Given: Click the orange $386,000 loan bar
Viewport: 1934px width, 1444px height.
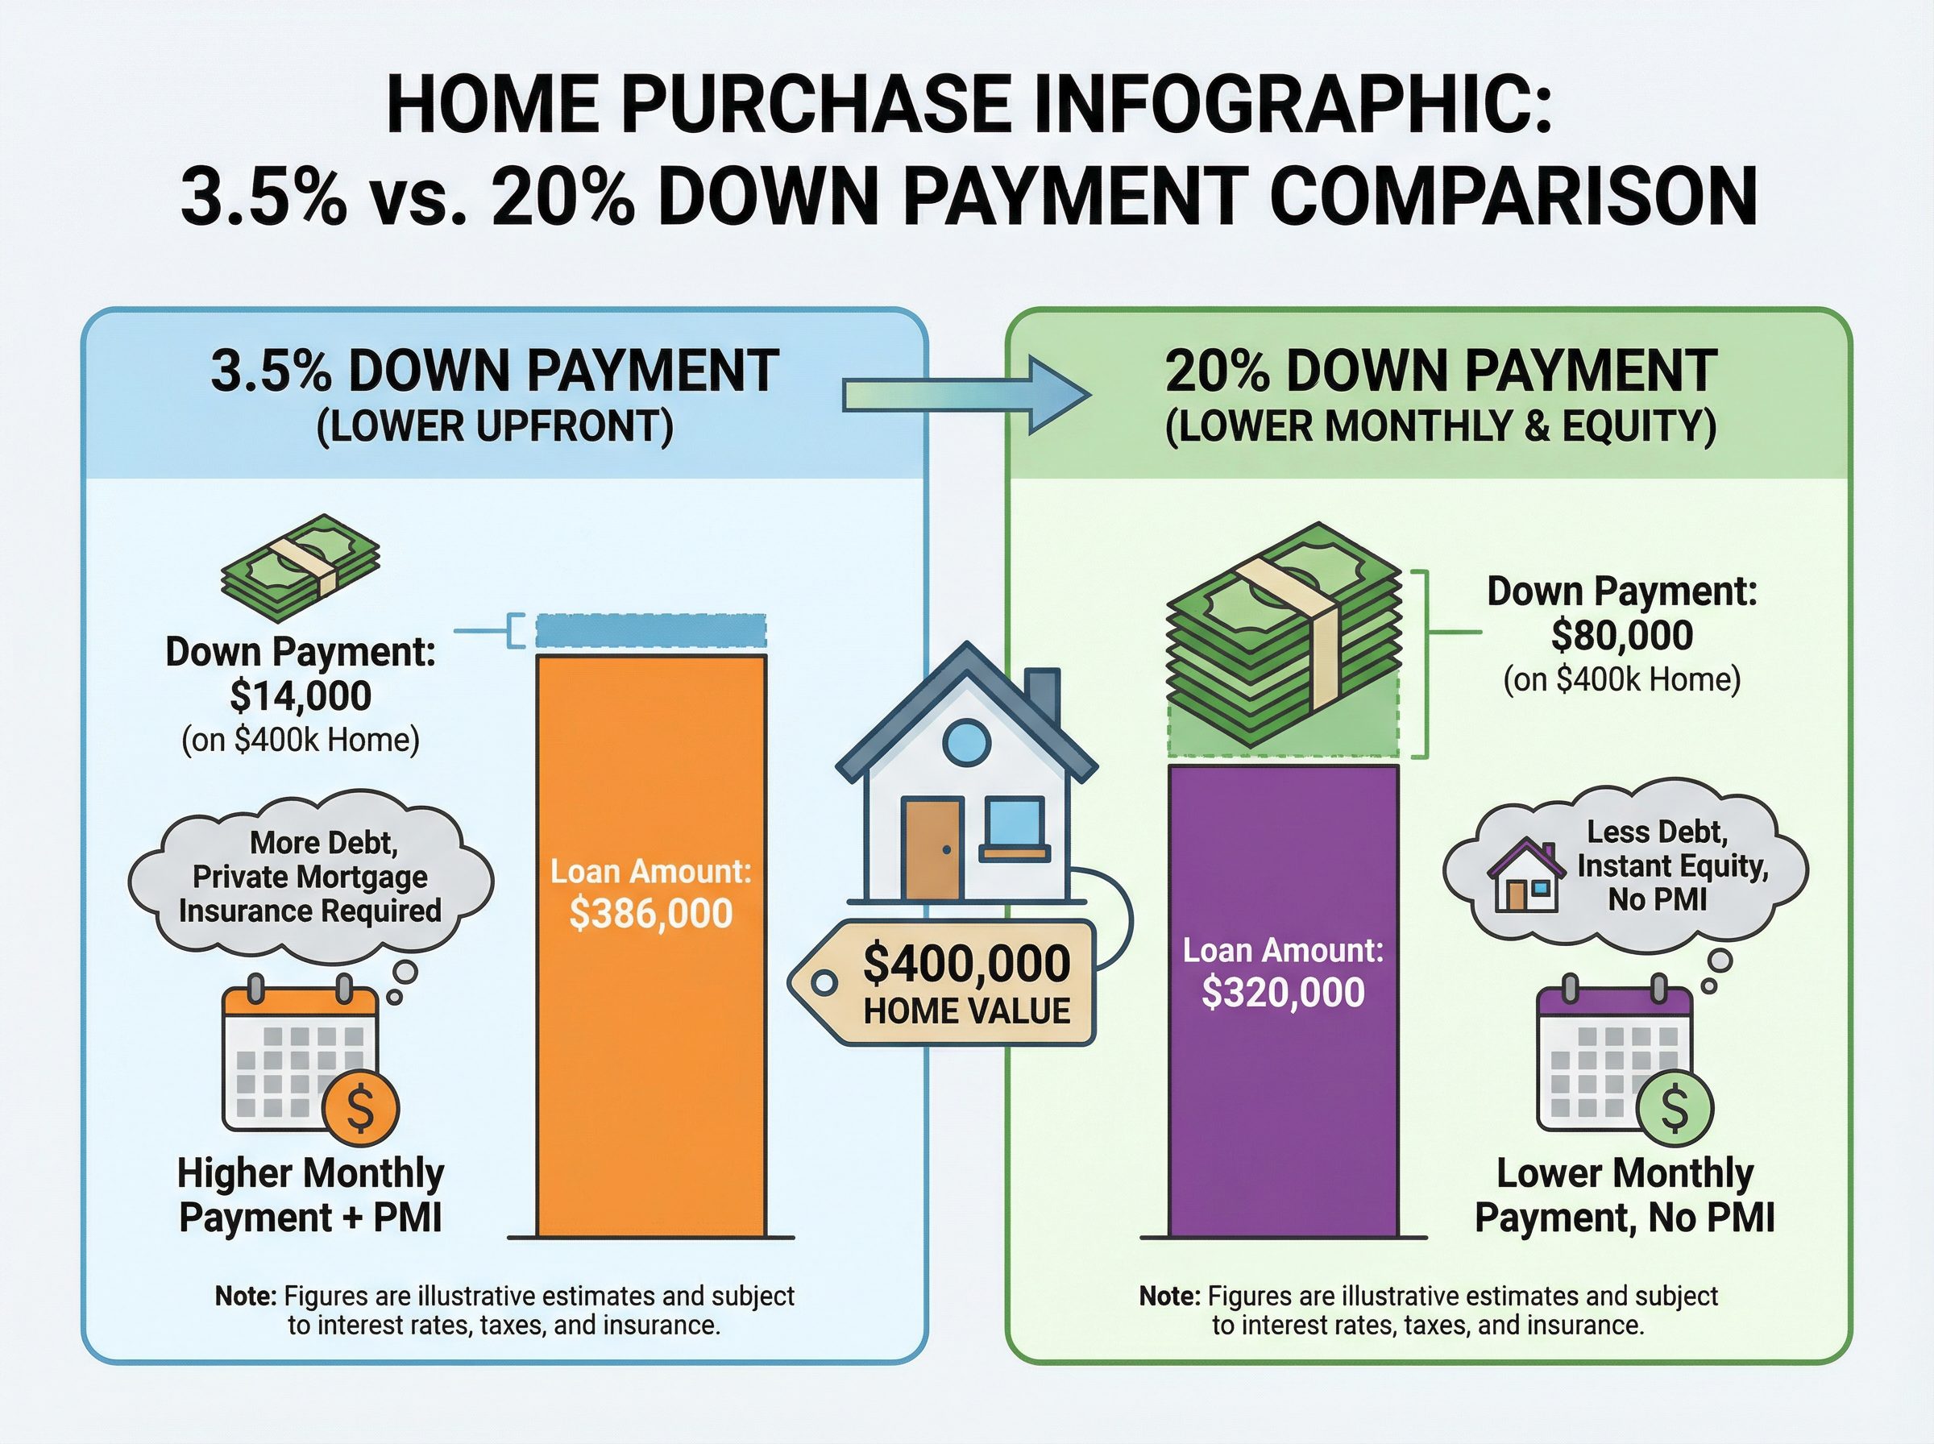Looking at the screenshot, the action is (x=651, y=946).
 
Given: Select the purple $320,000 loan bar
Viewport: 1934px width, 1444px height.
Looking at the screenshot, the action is (x=1283, y=1001).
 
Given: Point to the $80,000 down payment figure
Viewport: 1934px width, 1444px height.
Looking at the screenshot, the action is (x=1622, y=636).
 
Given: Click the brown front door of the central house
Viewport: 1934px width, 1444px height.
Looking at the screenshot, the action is (x=932, y=848).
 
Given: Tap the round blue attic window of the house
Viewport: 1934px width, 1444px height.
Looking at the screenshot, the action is (x=968, y=742).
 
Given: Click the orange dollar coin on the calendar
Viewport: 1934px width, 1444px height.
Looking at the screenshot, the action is (x=360, y=1107).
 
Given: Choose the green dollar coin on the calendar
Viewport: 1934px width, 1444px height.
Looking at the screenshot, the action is (x=1675, y=1107).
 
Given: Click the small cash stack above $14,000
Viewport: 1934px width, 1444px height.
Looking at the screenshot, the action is (x=301, y=568).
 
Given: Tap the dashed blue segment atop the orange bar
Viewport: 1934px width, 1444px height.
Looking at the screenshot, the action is (x=651, y=631).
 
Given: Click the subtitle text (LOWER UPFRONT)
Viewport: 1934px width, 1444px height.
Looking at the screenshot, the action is (x=495, y=426).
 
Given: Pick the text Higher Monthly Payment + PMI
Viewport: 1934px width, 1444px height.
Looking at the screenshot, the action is (x=311, y=1195).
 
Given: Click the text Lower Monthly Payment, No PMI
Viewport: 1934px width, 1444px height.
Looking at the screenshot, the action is (x=1625, y=1195).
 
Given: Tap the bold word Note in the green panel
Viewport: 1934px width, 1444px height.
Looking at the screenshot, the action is (x=1170, y=1297).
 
